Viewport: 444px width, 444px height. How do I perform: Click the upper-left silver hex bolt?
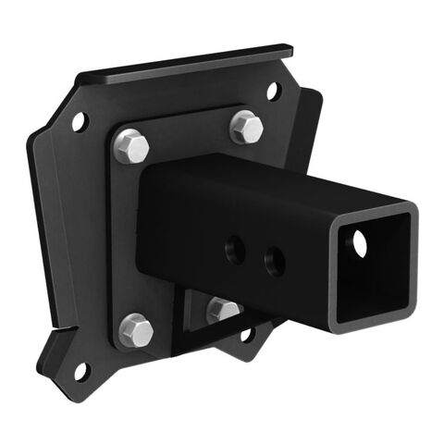(x=132, y=146)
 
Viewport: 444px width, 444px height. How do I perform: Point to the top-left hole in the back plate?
(x=80, y=121)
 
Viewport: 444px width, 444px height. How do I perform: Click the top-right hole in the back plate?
(x=273, y=91)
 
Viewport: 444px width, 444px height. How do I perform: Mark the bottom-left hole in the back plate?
(x=80, y=370)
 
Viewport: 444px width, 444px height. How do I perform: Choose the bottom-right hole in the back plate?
(x=246, y=334)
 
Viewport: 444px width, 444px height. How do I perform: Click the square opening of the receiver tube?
(x=374, y=268)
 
